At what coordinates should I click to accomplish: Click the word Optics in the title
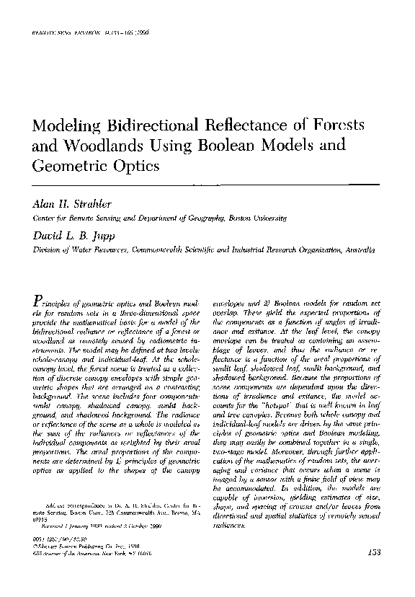click(x=136, y=165)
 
